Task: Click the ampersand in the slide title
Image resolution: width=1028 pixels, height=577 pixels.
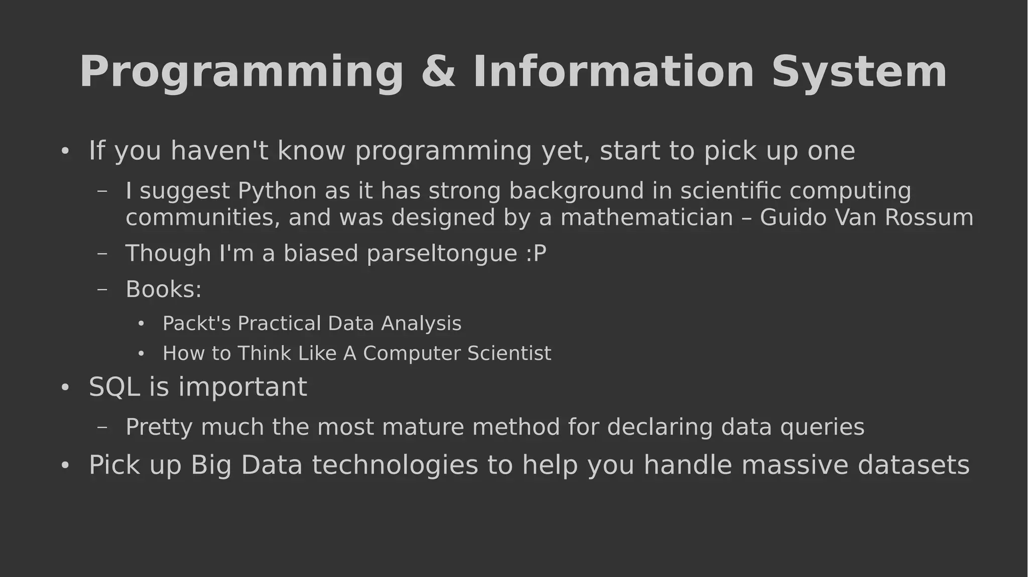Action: pos(438,72)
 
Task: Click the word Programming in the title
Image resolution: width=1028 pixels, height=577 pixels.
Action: pos(241,73)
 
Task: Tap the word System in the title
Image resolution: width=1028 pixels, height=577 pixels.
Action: pos(859,72)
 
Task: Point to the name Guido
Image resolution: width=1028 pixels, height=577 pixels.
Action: pos(793,218)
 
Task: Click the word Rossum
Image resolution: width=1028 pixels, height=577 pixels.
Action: pos(929,218)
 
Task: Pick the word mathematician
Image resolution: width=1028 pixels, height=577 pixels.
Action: pos(647,218)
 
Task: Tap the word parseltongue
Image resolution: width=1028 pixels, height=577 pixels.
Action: pos(442,254)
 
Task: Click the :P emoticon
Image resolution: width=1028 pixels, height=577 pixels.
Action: pos(536,253)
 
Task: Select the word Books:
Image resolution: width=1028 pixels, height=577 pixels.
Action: pos(164,290)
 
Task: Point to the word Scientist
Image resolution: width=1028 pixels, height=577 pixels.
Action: pos(509,354)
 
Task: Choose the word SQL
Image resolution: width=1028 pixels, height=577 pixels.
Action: pos(114,387)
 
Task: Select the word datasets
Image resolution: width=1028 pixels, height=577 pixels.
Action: pos(914,465)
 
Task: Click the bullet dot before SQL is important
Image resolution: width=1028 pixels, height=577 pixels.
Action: pos(64,388)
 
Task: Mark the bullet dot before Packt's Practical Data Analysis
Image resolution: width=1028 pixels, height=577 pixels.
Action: pos(141,324)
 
